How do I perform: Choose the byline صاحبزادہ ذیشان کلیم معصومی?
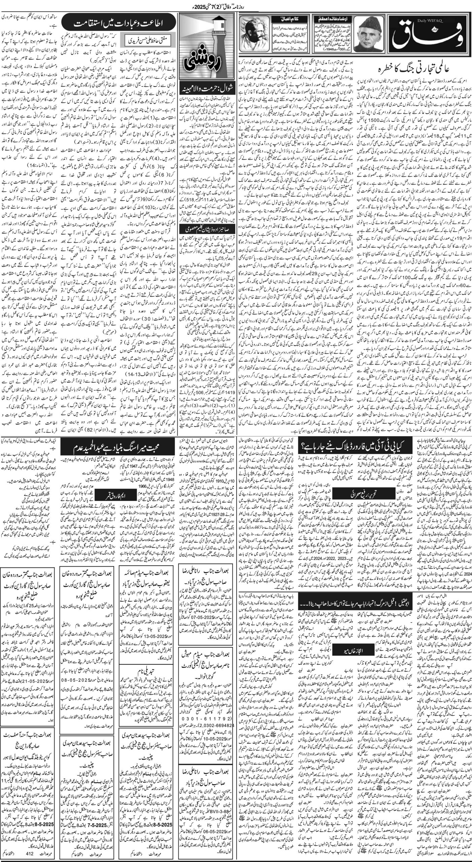tap(206, 229)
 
